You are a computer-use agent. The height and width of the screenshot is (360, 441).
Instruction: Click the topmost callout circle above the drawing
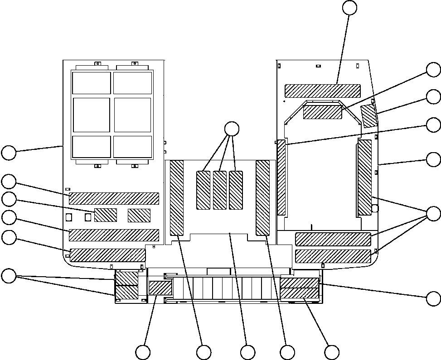click(349, 7)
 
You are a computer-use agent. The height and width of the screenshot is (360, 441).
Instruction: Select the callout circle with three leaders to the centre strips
click(232, 129)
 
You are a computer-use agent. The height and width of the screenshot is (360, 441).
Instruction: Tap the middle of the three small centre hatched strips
click(220, 190)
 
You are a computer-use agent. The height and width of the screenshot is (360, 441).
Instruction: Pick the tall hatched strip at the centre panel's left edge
click(176, 198)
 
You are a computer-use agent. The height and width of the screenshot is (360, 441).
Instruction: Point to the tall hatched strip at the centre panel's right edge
click(262, 198)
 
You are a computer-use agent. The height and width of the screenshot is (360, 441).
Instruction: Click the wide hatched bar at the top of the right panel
click(323, 91)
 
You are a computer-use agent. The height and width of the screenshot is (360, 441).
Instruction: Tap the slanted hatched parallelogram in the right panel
click(369, 116)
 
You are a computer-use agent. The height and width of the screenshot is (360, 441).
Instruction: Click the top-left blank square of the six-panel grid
click(92, 83)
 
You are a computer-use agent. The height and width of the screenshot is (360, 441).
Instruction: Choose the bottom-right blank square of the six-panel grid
click(132, 146)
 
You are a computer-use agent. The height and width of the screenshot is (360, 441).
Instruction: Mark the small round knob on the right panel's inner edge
click(375, 208)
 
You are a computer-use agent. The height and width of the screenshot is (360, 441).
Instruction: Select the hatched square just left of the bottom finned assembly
click(160, 288)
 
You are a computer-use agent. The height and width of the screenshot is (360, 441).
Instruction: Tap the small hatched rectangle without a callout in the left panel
click(139, 216)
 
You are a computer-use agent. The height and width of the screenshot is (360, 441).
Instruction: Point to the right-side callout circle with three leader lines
click(434, 213)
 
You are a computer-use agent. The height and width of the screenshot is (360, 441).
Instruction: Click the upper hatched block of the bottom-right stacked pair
click(300, 283)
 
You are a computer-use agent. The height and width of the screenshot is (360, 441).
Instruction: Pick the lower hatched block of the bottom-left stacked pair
click(127, 293)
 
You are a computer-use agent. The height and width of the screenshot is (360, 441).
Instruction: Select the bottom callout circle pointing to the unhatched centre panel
click(247, 352)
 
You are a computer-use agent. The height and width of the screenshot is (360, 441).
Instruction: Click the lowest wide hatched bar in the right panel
click(333, 256)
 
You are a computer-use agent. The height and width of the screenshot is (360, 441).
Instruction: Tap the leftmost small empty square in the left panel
click(69, 218)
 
